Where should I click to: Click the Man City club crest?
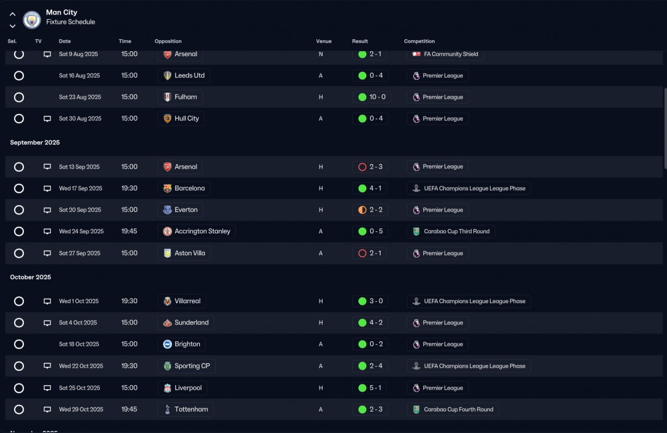point(32,20)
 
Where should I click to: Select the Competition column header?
point(419,41)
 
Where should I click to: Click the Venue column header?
point(324,41)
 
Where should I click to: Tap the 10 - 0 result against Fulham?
point(377,97)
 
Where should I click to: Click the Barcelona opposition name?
point(190,188)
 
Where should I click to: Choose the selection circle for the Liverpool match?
point(19,388)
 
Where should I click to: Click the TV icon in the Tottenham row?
point(47,410)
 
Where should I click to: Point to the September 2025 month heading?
point(35,142)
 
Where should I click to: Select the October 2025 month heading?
point(30,277)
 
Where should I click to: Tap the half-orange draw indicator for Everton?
point(362,210)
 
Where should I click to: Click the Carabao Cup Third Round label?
point(456,231)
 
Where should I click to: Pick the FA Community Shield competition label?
point(451,54)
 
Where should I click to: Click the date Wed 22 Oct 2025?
point(81,366)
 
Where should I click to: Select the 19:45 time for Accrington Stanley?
point(129,231)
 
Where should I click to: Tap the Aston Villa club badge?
point(167,253)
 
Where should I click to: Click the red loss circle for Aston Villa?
point(362,253)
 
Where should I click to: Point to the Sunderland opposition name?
point(191,323)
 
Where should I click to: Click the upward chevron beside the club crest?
point(13,14)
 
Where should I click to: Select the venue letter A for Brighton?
point(320,344)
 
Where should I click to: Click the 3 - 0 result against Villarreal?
point(376,301)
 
